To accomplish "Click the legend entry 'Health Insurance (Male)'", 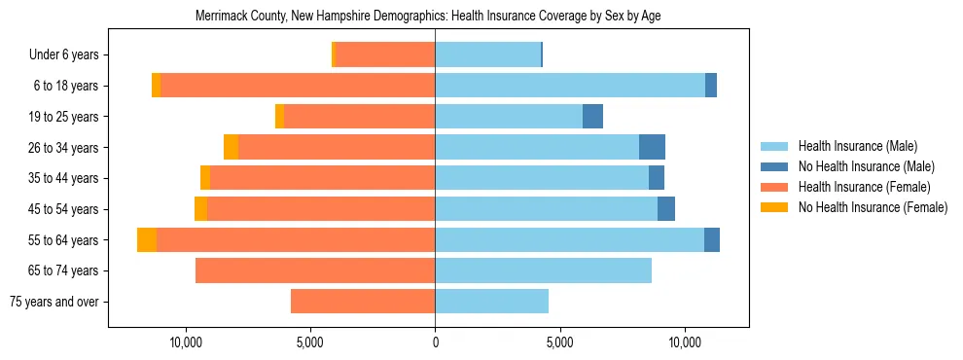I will (857, 147).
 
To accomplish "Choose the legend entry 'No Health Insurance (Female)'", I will (873, 207).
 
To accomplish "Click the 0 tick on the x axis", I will (435, 343).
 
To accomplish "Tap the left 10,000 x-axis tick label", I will (185, 343).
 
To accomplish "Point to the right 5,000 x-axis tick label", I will (560, 343).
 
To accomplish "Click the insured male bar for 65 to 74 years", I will (543, 270).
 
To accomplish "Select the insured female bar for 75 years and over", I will (363, 302).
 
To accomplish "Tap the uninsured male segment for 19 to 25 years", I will (592, 117).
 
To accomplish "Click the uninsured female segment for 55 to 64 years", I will (147, 240).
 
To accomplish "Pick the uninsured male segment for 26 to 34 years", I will (652, 148).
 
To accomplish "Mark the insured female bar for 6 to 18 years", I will (297, 86).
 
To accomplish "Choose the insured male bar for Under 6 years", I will (487, 55).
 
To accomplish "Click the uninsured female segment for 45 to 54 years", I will (200, 209).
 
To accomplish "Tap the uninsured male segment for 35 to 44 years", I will (657, 178).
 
